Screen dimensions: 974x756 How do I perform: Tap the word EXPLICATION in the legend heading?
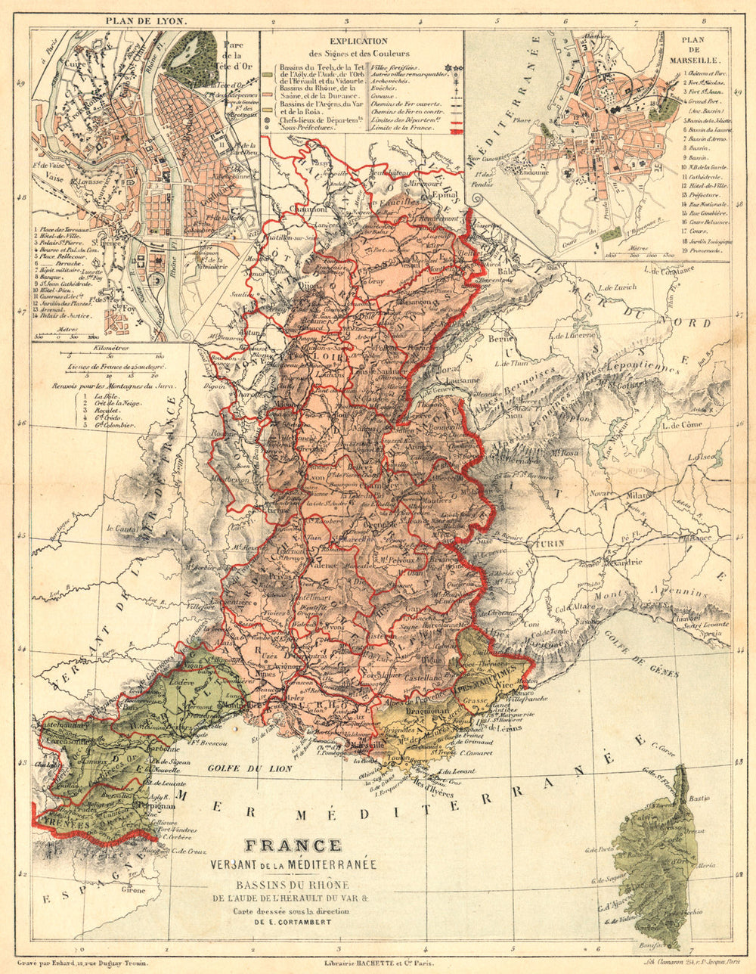click(359, 42)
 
